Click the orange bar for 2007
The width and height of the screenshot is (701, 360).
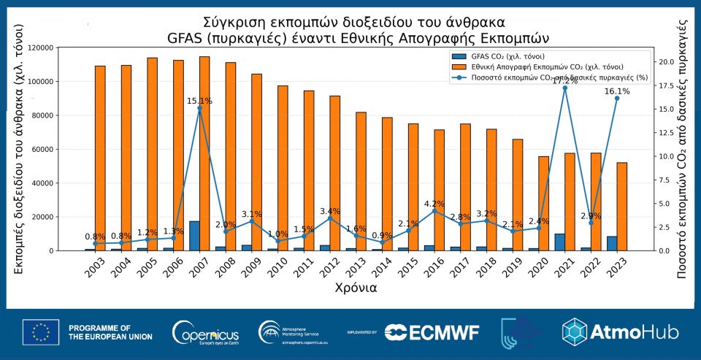pyautogui.click(x=204, y=153)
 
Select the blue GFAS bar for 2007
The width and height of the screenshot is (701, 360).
pyautogui.click(x=194, y=236)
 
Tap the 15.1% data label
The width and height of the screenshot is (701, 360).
pyautogui.click(x=199, y=101)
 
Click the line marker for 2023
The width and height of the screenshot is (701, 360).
pyautogui.click(x=617, y=98)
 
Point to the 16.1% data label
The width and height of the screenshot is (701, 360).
pyautogui.click(x=616, y=91)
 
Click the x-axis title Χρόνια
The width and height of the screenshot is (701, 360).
pyautogui.click(x=356, y=287)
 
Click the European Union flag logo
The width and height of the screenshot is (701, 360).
pyautogui.click(x=41, y=332)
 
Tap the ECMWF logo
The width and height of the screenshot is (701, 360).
pyautogui.click(x=432, y=332)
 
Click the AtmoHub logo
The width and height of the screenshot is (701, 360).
pyautogui.click(x=620, y=332)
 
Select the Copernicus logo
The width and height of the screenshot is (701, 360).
pyautogui.click(x=204, y=333)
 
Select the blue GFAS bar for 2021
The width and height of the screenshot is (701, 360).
pyautogui.click(x=559, y=242)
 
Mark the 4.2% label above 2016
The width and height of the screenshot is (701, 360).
pyautogui.click(x=435, y=204)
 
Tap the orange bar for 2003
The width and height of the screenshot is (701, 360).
pyautogui.click(x=100, y=158)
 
